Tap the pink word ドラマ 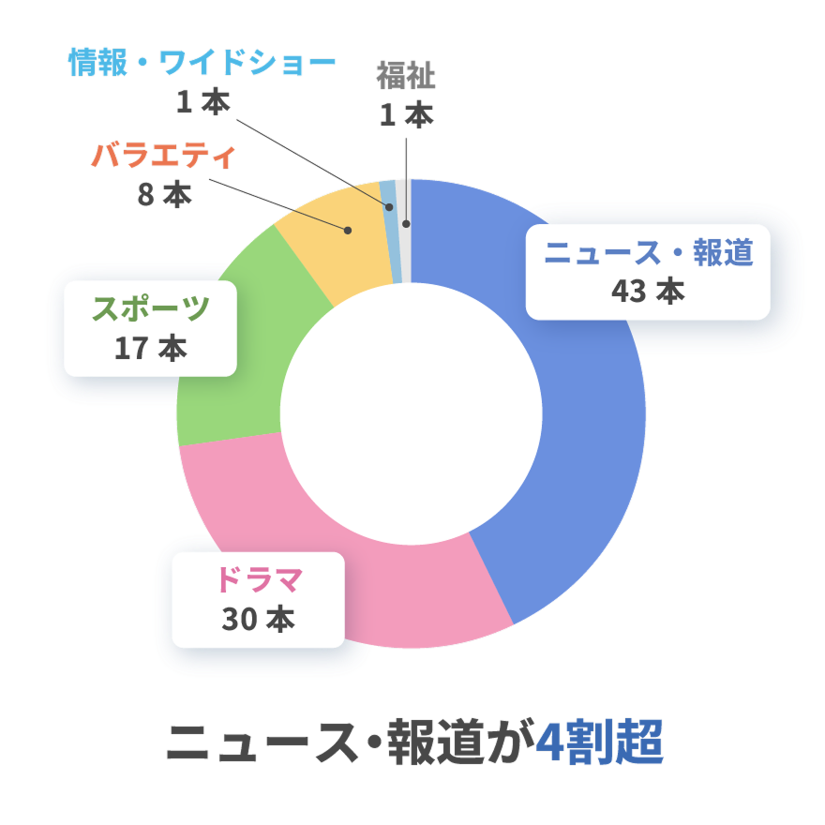pos(259,581)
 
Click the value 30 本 pos(259,620)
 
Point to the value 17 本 pos(151,348)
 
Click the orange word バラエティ pos(163,156)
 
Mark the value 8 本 pos(164,194)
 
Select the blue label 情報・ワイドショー pos(202,63)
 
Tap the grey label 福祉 pos(406,75)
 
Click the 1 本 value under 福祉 pos(406,115)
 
